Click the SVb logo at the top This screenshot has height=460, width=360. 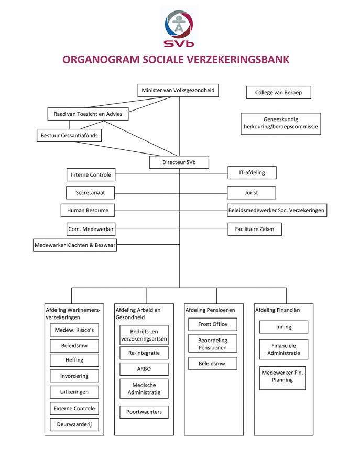click(x=179, y=27)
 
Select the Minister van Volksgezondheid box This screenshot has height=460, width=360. click(x=178, y=90)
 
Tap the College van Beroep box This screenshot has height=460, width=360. click(x=278, y=93)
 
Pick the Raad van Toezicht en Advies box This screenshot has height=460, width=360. click(x=88, y=114)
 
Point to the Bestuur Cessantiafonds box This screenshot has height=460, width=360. click(x=69, y=136)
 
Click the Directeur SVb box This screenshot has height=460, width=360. click(x=179, y=162)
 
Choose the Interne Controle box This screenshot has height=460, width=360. click(x=91, y=174)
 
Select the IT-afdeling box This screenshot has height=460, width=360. click(x=252, y=172)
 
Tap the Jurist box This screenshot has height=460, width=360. click(x=252, y=192)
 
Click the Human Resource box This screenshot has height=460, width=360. click(x=88, y=210)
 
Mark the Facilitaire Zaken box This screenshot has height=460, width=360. click(x=255, y=229)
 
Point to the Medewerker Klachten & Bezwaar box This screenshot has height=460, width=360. click(x=74, y=245)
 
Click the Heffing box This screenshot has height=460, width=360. click(x=74, y=360)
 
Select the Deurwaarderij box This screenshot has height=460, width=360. click(x=74, y=425)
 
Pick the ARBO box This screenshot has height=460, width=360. click(x=144, y=369)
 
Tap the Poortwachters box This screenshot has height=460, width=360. click(x=144, y=412)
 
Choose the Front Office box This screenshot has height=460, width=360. click(x=213, y=324)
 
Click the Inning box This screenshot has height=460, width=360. click(x=283, y=327)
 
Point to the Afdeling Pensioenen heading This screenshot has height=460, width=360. click(x=210, y=310)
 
